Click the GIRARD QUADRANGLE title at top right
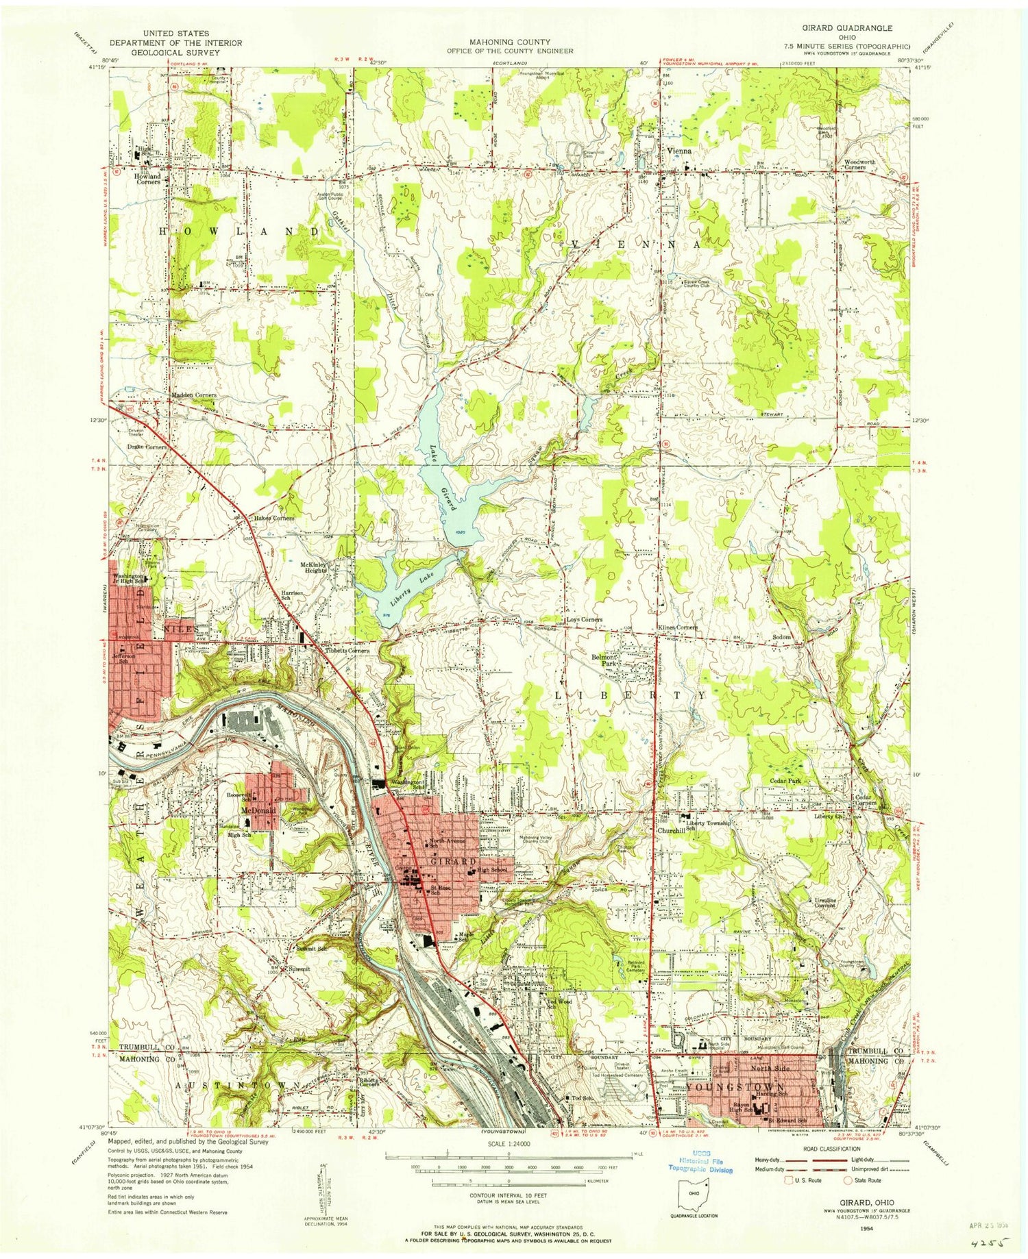pos(848,28)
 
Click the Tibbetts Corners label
pos(347,651)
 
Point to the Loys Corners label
pos(584,620)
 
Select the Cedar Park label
pos(790,781)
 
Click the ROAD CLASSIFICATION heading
pos(836,1149)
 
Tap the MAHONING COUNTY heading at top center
pos(510,42)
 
